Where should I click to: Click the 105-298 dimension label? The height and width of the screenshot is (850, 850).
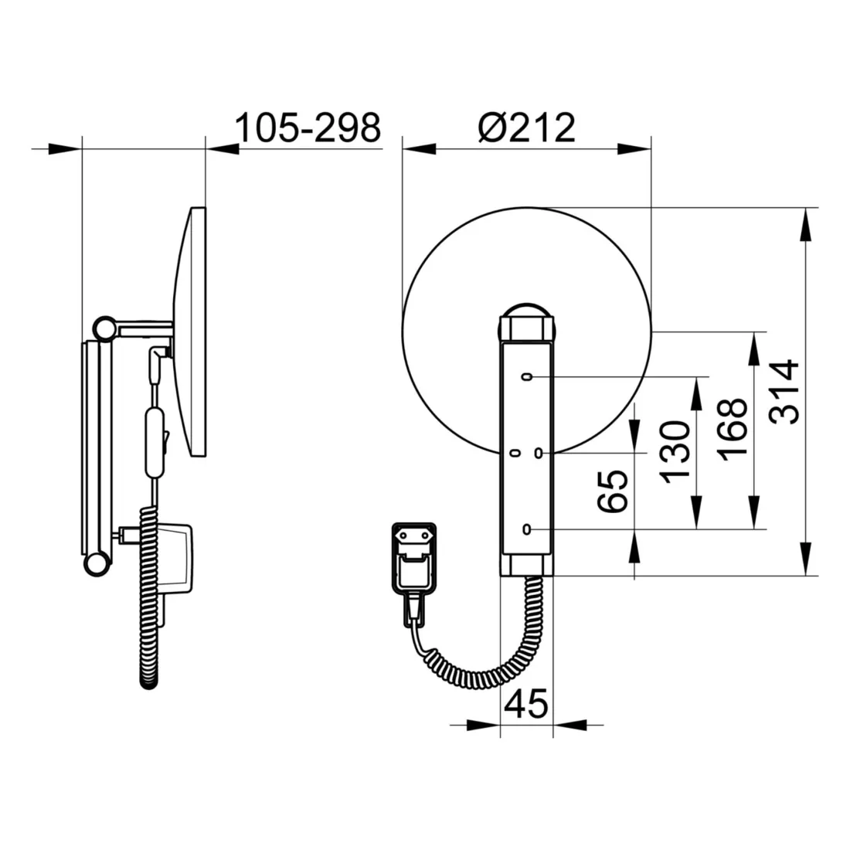(308, 128)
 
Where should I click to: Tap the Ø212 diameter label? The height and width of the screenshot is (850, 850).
(526, 128)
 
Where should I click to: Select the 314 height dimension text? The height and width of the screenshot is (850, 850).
(784, 392)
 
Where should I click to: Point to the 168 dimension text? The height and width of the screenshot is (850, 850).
(733, 430)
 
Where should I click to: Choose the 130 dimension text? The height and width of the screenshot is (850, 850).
(675, 452)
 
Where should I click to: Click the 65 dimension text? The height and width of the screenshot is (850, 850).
(613, 491)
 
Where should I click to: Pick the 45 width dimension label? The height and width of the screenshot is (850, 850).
(525, 704)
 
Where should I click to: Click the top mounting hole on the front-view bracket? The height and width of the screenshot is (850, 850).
(526, 377)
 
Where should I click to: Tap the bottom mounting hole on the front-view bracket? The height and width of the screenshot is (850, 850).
(526, 529)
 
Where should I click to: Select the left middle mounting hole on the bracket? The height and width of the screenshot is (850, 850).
(515, 453)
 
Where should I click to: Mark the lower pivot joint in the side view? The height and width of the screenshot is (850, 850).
(97, 564)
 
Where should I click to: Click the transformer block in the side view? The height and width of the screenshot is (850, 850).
(174, 559)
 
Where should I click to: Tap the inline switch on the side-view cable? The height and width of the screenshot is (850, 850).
(155, 443)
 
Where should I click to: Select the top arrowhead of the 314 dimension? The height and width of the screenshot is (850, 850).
(806, 224)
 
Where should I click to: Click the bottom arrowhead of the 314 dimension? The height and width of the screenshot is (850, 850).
(806, 559)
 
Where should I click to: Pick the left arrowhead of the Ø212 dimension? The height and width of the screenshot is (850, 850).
(419, 148)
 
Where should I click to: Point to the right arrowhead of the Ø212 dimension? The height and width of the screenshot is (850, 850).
(634, 148)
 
